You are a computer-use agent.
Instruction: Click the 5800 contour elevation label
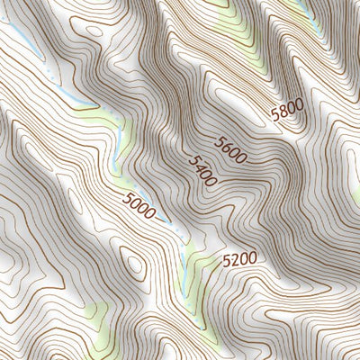tap(287, 112)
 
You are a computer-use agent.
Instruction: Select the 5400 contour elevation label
tap(202, 171)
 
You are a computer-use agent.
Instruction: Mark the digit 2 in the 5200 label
tap(234, 260)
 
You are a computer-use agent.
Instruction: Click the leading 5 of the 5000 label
tap(128, 200)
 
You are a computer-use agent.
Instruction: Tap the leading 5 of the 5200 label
tap(226, 261)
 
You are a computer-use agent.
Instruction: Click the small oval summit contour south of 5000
tap(135, 265)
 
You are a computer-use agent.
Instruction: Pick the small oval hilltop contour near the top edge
tap(91, 30)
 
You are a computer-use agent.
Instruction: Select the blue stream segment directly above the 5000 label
tap(118, 148)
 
